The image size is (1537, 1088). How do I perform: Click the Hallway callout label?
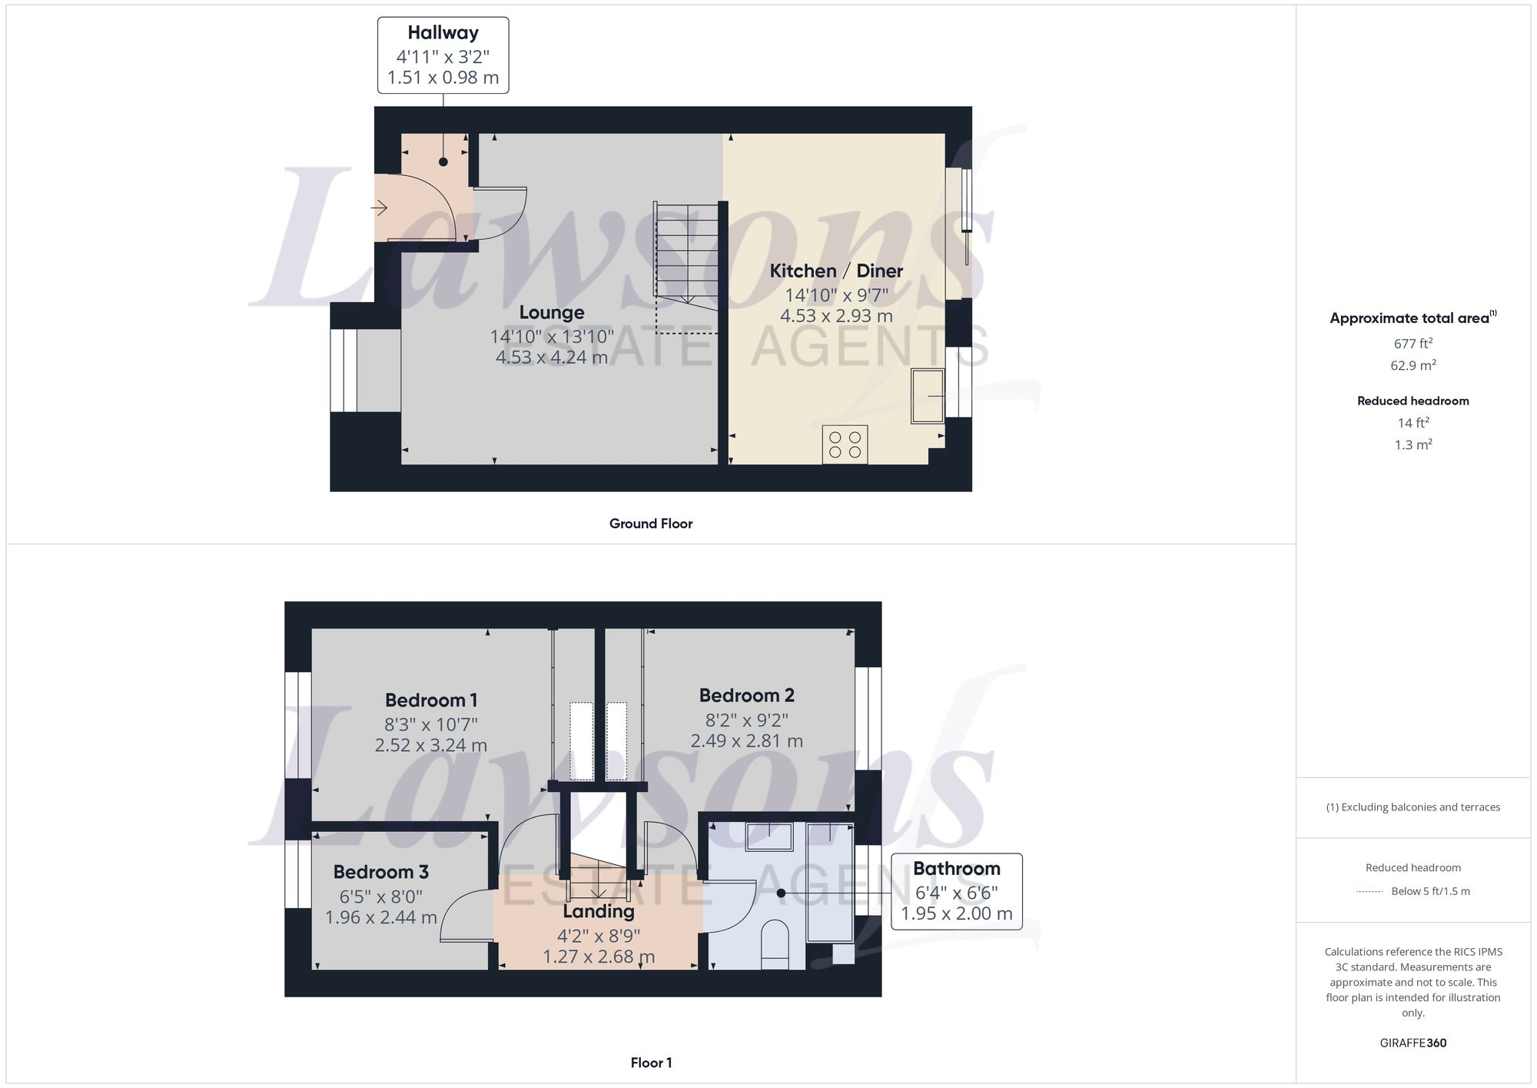click(443, 33)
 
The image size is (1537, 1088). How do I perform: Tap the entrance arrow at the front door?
click(379, 208)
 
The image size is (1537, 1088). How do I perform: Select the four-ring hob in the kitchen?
click(845, 444)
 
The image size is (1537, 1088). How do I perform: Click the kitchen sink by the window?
click(927, 396)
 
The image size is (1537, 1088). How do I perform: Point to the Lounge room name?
click(551, 312)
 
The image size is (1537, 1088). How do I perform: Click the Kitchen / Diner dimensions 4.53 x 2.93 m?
click(836, 316)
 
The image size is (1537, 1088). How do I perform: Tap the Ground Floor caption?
click(650, 524)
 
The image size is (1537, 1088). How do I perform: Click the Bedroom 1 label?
click(430, 700)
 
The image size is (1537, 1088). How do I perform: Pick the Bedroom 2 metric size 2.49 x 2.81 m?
click(746, 741)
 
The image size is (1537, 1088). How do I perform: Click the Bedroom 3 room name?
click(380, 872)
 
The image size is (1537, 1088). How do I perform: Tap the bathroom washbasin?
click(769, 837)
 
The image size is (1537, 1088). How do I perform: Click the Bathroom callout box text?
click(956, 869)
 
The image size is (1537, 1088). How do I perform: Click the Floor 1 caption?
click(650, 1063)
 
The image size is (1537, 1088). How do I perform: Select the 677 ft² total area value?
click(1413, 344)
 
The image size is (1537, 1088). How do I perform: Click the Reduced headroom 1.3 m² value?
click(1413, 445)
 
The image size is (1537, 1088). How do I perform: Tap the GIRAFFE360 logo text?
click(1413, 1043)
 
